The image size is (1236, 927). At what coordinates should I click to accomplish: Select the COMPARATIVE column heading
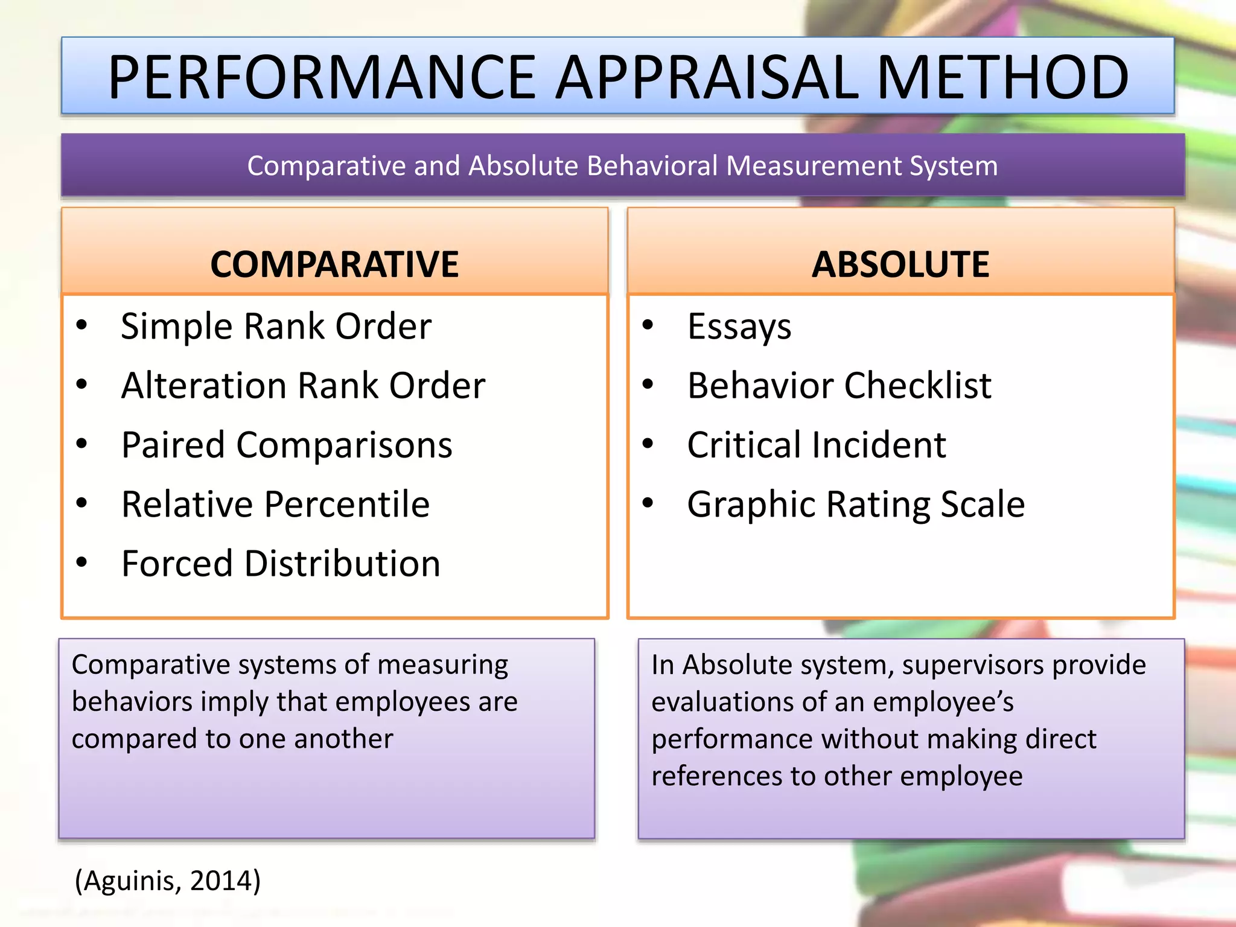click(x=334, y=264)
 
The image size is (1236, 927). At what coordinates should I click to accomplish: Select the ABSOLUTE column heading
click(x=900, y=264)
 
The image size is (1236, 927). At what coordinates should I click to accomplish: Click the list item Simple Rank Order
click(x=276, y=327)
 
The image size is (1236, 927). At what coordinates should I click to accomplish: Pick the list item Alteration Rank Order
click(x=303, y=386)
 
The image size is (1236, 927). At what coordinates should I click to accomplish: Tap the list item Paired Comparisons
click(x=287, y=445)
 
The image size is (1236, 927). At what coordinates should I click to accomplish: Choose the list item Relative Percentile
click(x=275, y=504)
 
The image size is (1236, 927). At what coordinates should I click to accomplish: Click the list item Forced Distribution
click(x=281, y=564)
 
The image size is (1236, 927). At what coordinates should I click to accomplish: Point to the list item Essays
click(x=739, y=327)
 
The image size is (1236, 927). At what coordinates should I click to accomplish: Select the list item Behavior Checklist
click(x=839, y=386)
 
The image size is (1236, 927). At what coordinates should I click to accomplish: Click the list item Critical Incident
click(x=817, y=445)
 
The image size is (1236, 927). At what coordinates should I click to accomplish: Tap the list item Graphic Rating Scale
click(x=856, y=504)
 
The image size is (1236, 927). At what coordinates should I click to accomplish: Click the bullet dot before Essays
click(x=648, y=325)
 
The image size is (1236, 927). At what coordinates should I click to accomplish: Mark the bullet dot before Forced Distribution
click(x=82, y=562)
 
